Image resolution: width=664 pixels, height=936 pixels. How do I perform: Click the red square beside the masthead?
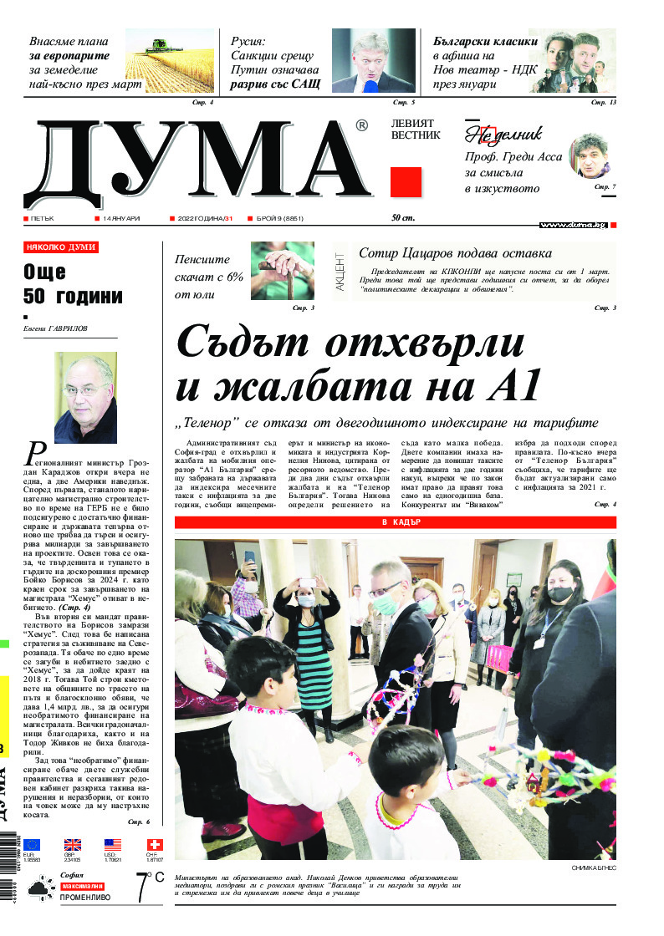coord(406,181)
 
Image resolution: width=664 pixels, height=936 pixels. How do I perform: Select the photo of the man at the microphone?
coord(373,60)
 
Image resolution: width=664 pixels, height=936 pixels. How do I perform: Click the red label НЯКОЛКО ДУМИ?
coord(61,247)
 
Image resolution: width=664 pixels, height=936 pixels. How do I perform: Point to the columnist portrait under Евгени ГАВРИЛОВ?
coord(85,397)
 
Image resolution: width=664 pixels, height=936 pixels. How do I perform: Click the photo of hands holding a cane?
coord(283,271)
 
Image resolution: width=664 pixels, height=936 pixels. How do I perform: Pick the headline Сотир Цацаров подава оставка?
coord(455,253)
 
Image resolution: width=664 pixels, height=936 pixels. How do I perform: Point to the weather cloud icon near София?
coord(40,888)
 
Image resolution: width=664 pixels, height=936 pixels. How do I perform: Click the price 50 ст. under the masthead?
coord(404,218)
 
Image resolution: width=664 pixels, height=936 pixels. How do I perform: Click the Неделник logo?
coord(503,134)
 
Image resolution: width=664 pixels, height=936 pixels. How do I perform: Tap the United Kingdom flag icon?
coord(73,844)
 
